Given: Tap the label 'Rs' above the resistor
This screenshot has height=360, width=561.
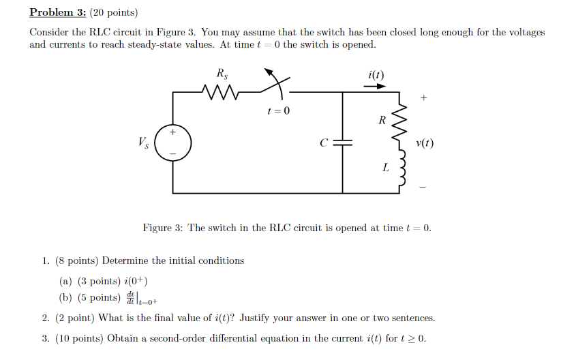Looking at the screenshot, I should coord(222,74).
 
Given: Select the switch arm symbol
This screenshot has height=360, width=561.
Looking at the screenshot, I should coord(275,82).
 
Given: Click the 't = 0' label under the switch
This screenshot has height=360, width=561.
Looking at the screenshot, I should coord(277,110).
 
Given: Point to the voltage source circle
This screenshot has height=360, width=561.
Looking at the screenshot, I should coord(172,142).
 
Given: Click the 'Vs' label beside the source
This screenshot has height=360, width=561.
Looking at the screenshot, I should coord(143,142).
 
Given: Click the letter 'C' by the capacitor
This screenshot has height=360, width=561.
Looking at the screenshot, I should coord(324,143).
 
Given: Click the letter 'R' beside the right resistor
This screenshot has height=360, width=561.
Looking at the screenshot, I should coord(382,121).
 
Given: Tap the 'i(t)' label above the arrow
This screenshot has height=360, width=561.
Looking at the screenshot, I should coord(376,74).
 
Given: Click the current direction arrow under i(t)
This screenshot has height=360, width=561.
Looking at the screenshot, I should coord(375,87).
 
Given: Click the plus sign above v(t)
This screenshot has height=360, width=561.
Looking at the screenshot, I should coord(424,99).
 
